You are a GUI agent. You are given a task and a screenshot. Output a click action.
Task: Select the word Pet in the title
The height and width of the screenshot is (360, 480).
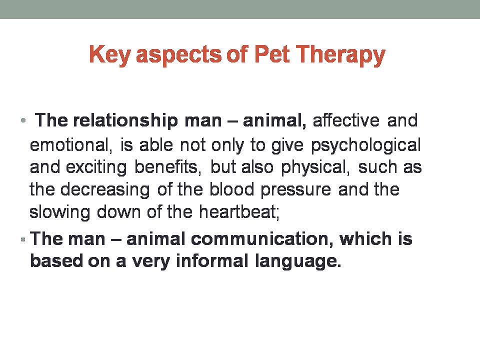(272, 54)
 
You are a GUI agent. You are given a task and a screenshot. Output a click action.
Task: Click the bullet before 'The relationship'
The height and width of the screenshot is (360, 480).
(23, 120)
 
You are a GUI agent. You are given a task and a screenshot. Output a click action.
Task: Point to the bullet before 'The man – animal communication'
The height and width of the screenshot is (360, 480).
(23, 239)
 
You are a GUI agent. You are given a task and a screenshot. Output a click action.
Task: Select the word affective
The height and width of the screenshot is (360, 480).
(346, 120)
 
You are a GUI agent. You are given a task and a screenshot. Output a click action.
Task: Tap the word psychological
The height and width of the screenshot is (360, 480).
(366, 145)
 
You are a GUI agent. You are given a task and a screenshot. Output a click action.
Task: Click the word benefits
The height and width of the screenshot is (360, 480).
(168, 167)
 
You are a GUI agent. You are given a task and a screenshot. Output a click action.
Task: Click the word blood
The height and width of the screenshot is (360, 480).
(231, 189)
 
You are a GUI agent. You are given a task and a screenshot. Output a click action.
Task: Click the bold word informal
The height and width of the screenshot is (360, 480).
(212, 261)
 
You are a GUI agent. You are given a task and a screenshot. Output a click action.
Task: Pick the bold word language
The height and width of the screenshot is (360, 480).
(298, 261)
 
